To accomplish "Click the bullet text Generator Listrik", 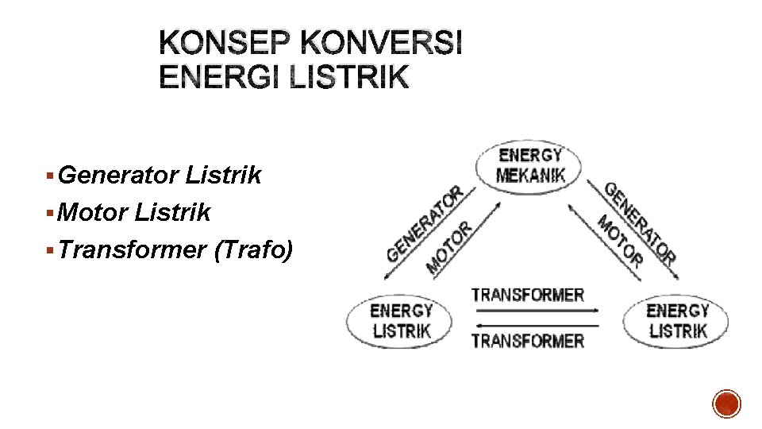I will [x=160, y=175].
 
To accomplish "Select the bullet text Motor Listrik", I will [x=134, y=212].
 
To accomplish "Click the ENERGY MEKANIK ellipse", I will [x=529, y=165].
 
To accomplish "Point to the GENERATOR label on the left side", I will [x=424, y=225].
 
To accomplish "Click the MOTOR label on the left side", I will [x=449, y=247].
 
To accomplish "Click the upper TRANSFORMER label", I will [x=528, y=295].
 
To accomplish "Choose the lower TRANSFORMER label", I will [x=528, y=341].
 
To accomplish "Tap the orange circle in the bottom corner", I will [x=726, y=404].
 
